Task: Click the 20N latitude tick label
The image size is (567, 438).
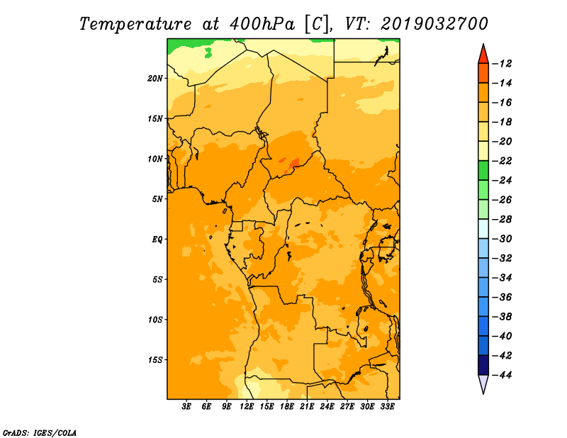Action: point(155,79)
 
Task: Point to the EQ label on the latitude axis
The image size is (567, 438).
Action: point(157,240)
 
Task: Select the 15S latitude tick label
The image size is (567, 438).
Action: point(155,360)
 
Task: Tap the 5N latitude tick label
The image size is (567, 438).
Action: point(157,199)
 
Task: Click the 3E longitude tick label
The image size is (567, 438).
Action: point(186,407)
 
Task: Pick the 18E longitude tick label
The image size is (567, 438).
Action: point(287,407)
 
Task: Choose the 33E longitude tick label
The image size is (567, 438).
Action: point(387,407)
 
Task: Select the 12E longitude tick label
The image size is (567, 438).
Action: point(247,407)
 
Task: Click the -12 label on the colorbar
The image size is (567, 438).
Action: point(503,64)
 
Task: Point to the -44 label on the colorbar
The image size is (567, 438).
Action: point(503,375)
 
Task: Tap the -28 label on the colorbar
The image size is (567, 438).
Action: point(503,220)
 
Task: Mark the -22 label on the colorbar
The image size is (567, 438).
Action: point(503,161)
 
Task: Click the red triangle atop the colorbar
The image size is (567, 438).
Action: point(483,55)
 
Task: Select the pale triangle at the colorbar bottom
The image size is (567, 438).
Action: point(483,383)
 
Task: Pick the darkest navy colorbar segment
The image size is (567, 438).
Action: point(483,365)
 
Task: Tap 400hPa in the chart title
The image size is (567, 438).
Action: point(262,24)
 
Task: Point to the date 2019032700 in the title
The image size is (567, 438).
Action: point(434,24)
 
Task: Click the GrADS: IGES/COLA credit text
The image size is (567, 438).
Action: point(40,432)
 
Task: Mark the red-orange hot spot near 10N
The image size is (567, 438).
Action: point(294,163)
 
